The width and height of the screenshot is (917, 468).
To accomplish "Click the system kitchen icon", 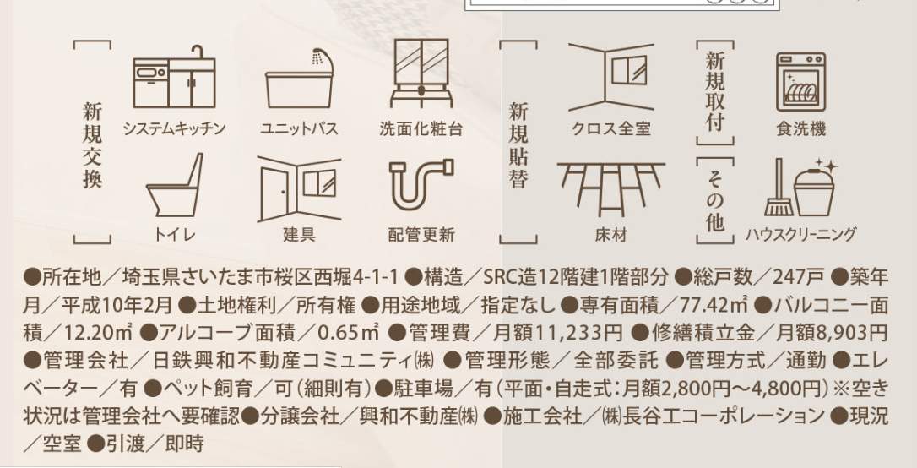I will [174, 82].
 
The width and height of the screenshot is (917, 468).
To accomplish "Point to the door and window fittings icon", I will [300, 187].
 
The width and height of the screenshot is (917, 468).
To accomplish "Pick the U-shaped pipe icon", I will [421, 187].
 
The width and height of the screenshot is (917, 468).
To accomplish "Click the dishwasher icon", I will [800, 82].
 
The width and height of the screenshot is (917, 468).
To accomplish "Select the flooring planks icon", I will [610, 188].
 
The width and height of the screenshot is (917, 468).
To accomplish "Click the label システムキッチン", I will [174, 129].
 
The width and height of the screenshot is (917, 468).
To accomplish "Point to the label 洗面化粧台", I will [421, 129].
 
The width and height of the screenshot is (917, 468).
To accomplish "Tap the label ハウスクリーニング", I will [800, 234].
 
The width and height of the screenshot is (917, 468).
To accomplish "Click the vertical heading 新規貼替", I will [518, 144].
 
